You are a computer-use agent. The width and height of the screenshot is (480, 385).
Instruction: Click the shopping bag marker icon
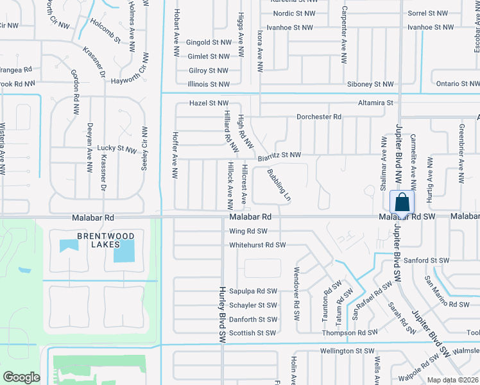coord(402,202)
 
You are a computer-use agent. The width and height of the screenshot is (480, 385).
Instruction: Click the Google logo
coord(21,377)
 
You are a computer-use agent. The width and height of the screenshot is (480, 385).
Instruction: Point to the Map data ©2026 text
coord(452,380)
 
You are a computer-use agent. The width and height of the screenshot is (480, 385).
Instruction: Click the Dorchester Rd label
coord(318,117)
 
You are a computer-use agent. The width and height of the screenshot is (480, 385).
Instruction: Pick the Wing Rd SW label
coord(248,231)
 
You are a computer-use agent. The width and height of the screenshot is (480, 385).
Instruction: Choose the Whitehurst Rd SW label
coord(257,245)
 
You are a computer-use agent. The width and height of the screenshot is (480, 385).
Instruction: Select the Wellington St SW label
coord(346,351)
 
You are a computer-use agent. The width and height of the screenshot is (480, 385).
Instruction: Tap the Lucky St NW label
coord(117,148)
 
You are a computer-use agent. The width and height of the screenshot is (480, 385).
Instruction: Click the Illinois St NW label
coord(209,84)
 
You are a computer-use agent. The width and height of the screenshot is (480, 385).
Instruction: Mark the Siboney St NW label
coord(370,84)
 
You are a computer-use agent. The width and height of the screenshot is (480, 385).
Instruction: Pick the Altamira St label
coord(375,103)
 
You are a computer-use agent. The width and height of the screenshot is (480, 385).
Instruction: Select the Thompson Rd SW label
coord(350,333)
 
